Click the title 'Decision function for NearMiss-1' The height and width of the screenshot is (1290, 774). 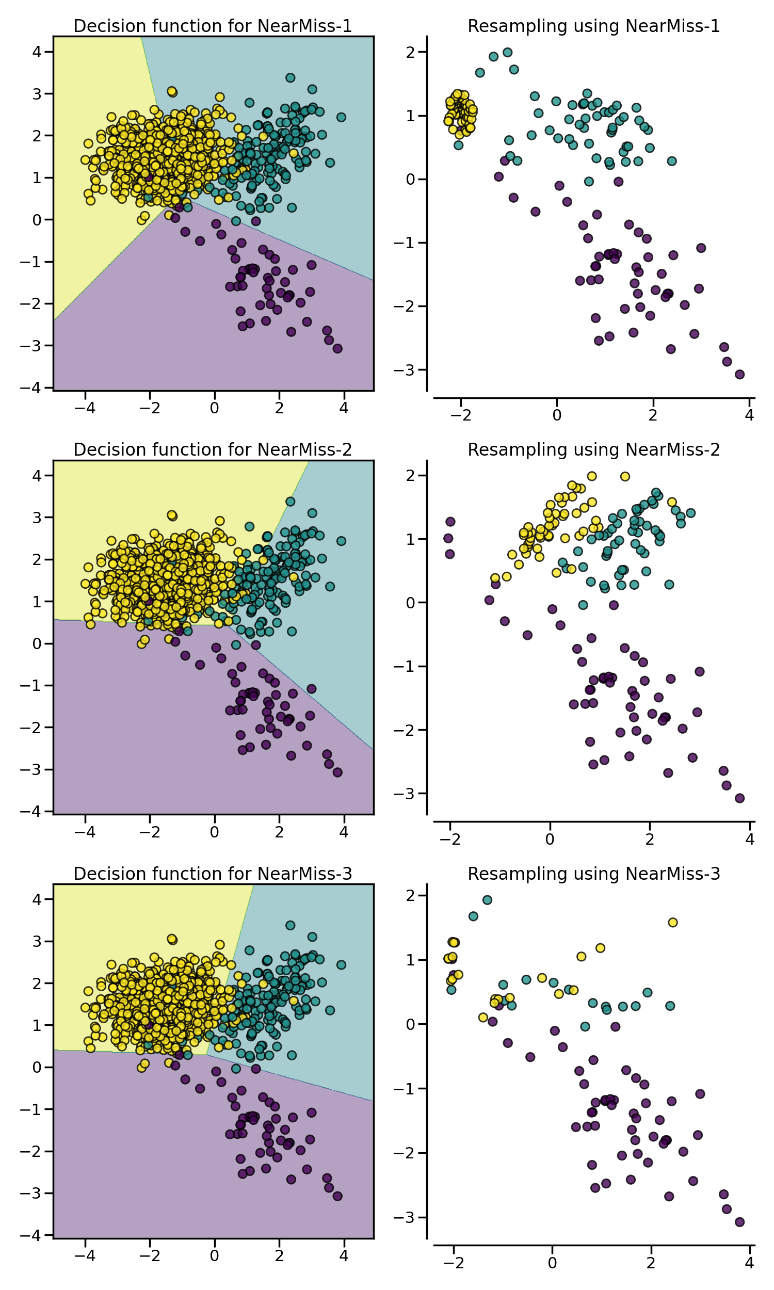coord(212,26)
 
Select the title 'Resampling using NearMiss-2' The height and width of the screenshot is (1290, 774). coord(593,449)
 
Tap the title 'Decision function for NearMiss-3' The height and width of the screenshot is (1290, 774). coord(212,873)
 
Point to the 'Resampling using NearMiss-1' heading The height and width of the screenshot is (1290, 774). coord(593,26)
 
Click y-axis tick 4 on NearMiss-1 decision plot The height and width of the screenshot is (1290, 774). coord(36,52)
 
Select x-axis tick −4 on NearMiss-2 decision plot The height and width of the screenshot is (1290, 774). coord(85,832)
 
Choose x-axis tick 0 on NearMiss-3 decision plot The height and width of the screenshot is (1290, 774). coord(214,1255)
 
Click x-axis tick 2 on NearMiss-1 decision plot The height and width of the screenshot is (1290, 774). coord(279,408)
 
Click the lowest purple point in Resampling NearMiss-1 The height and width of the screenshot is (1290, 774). coord(739,375)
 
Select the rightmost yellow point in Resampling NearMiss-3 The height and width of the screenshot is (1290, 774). coord(672,923)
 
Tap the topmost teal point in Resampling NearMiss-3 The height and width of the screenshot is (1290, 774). coord(487,899)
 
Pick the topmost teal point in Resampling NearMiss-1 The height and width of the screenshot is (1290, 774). coord(507,52)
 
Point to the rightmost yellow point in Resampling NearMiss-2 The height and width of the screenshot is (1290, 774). coord(672,502)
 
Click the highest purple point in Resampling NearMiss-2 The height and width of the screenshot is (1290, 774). coord(450,522)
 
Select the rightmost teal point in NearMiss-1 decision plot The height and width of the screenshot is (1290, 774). coord(341,117)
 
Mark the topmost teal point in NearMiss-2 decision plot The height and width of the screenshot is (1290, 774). coord(290,502)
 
